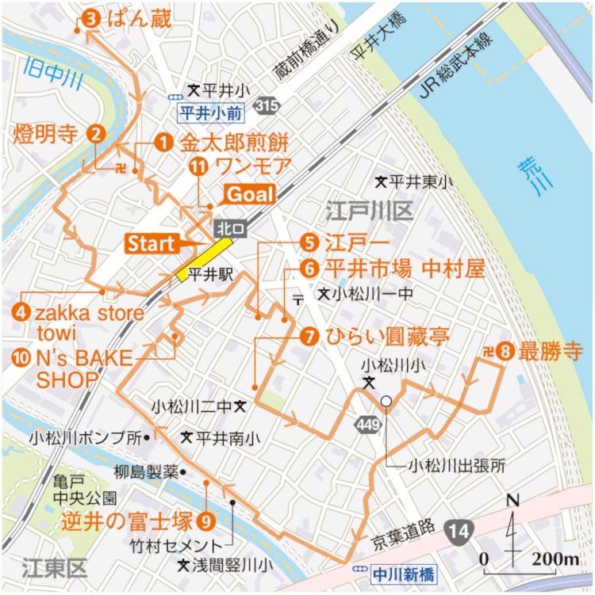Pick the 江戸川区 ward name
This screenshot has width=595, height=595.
pyautogui.click(x=367, y=211)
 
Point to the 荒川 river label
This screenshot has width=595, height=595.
pyautogui.click(x=526, y=175)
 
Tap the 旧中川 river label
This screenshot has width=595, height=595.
pyautogui.click(x=44, y=78)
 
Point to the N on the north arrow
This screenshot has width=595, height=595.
pyautogui.click(x=512, y=501)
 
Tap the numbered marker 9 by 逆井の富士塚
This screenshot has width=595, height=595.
pyautogui.click(x=206, y=521)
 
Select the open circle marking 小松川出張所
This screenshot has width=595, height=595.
pyautogui.click(x=386, y=402)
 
